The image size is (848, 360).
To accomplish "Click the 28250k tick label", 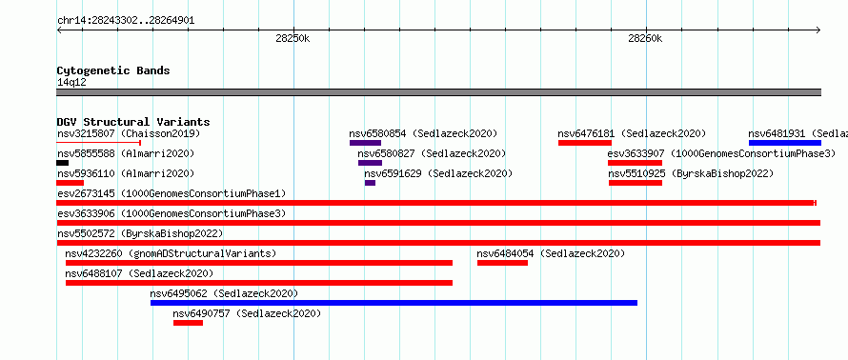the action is (293, 38).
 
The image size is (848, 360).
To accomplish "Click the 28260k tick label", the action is (646, 38).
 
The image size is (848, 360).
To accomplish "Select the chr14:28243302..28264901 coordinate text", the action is (126, 21).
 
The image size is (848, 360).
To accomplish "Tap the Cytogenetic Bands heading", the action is (113, 70).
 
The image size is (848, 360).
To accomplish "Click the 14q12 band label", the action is (71, 82).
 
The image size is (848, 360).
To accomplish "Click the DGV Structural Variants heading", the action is (133, 122).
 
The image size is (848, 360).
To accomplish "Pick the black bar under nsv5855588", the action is (63, 163).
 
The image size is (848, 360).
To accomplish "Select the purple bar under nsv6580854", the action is (366, 143).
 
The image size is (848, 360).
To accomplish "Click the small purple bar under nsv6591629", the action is (370, 183).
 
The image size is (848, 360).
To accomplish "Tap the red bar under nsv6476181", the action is (585, 143).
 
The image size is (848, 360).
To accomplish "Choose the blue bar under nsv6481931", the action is (785, 143).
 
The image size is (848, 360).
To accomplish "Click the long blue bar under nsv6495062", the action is (394, 303).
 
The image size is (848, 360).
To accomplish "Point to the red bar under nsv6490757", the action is (189, 323).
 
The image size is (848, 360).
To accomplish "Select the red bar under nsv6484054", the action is (502, 263).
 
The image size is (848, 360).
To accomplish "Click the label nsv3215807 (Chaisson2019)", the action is (129, 133).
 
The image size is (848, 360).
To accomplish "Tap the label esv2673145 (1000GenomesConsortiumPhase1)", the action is (172, 193).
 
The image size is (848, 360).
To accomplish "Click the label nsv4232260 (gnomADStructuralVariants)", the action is (171, 253).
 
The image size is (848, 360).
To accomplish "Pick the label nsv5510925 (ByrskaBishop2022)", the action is (691, 173).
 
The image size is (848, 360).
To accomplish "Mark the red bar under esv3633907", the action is (635, 163).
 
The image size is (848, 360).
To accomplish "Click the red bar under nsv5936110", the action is (71, 183).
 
